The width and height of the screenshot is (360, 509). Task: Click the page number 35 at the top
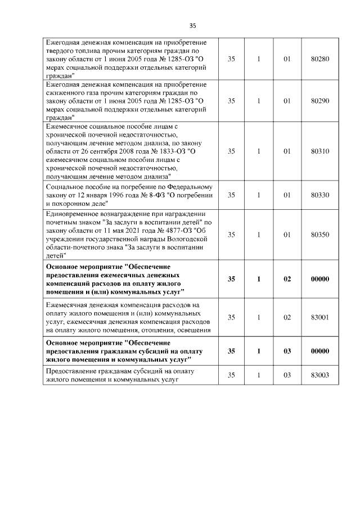(193, 26)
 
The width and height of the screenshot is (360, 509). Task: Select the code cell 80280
(319, 59)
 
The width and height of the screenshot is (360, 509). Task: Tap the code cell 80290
(319, 101)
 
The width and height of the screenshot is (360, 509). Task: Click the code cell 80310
(319, 151)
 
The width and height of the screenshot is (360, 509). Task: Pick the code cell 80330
(319, 195)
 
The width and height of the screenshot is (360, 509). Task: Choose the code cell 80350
(319, 233)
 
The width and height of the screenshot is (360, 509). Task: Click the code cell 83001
(319, 317)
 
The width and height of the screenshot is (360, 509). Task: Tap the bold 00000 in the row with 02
(319, 278)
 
